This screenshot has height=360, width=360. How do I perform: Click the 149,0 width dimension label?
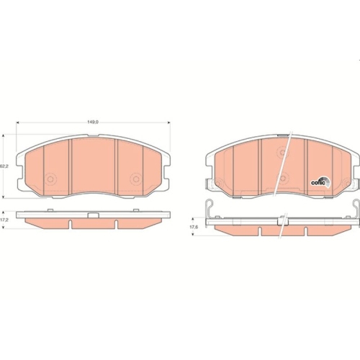point(93,122)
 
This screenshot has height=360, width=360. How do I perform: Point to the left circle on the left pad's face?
point(50,179)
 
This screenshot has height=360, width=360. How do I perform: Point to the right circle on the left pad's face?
point(136,179)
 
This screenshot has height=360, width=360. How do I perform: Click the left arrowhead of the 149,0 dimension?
point(18,122)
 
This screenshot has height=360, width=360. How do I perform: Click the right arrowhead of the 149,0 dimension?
point(168,122)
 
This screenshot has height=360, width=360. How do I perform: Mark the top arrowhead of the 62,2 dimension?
point(3,136)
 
